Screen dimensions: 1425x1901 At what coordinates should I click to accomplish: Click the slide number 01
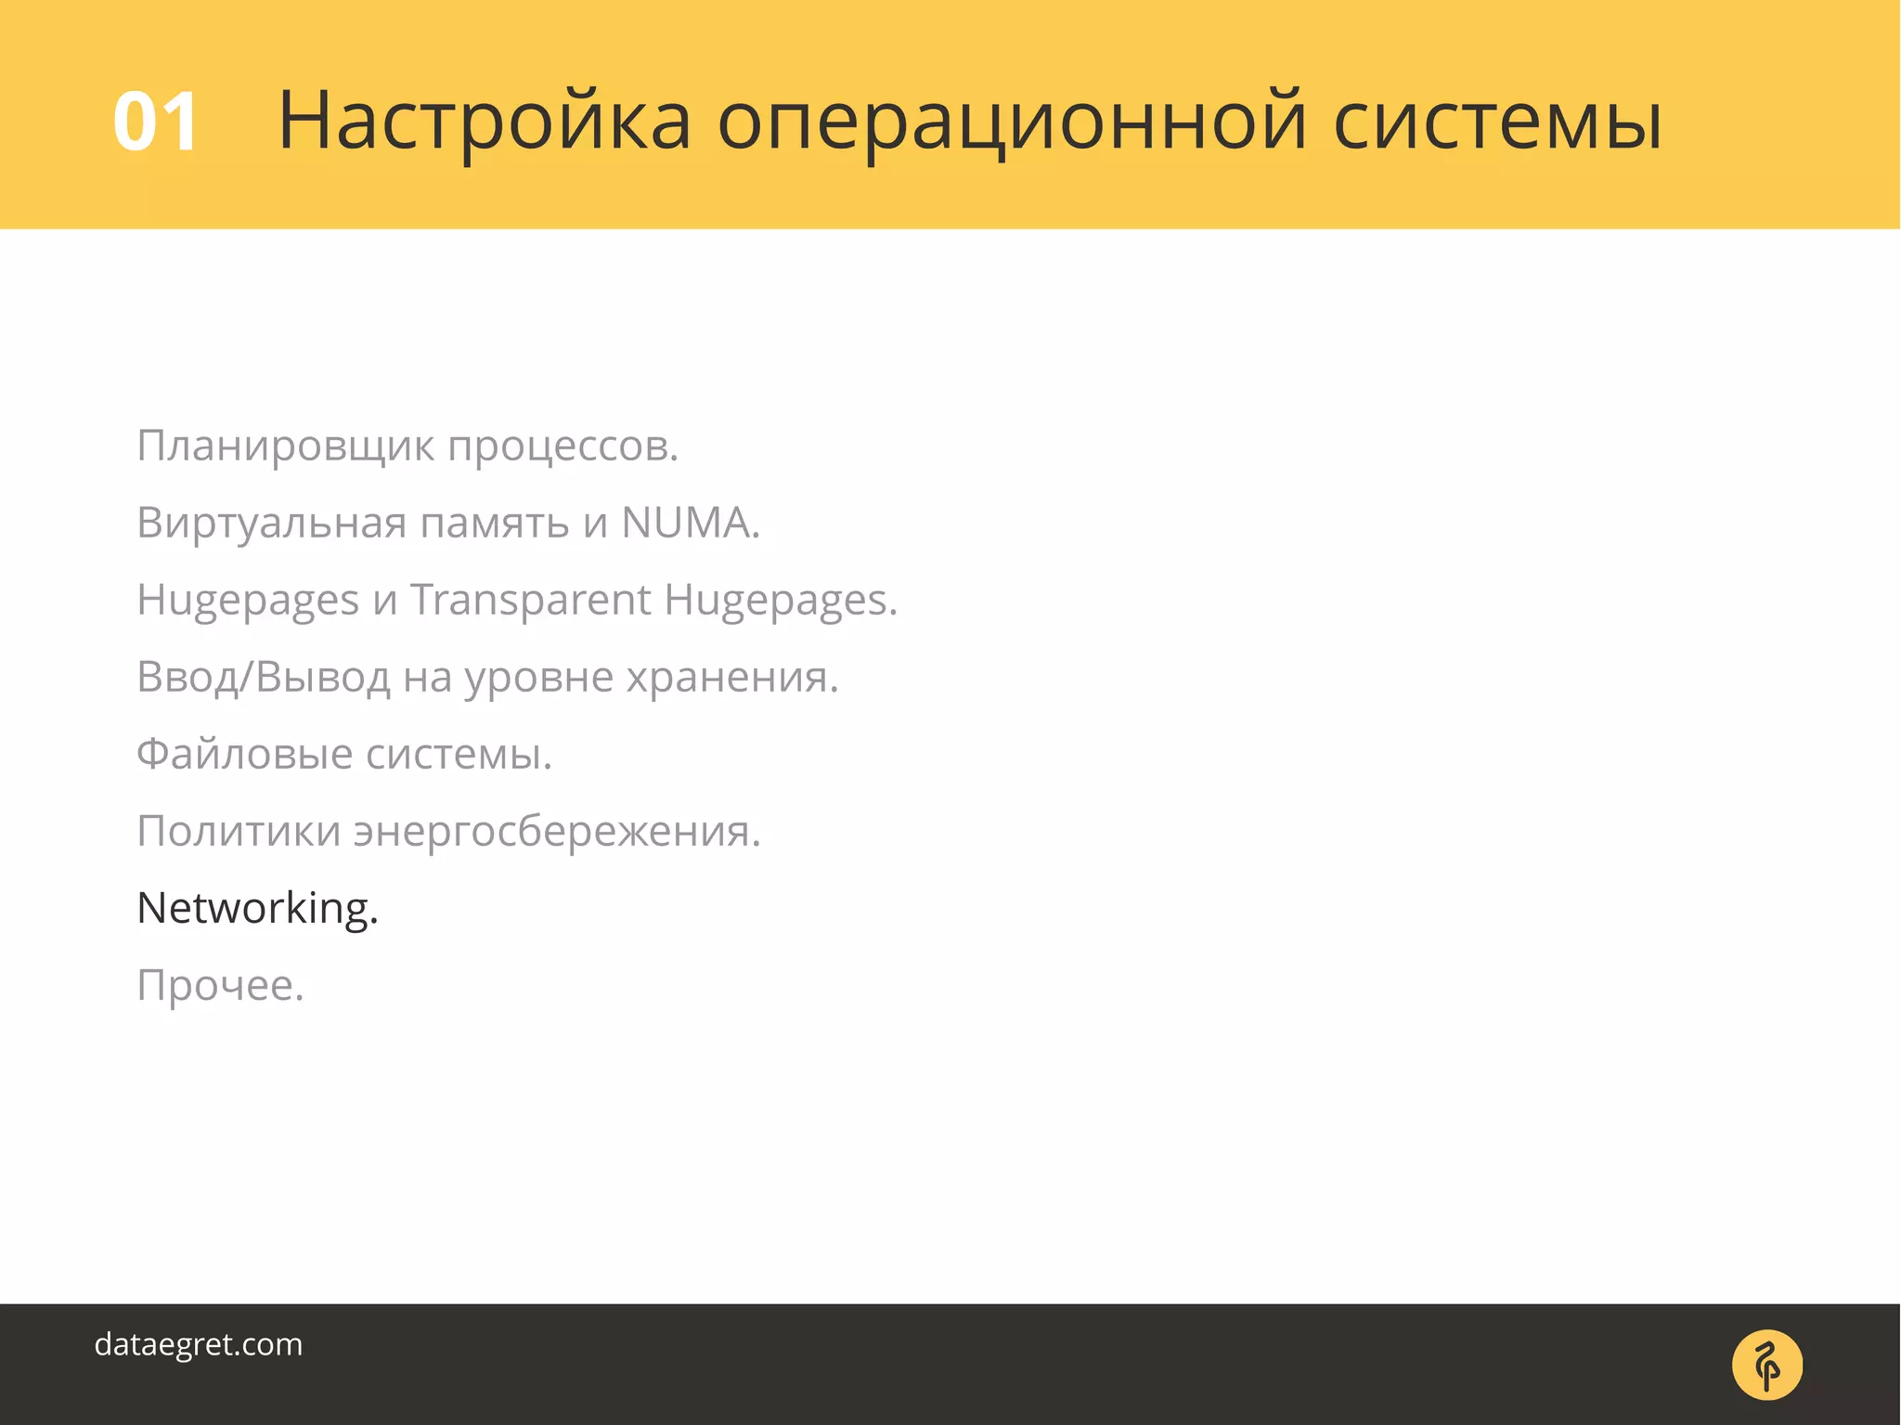(155, 122)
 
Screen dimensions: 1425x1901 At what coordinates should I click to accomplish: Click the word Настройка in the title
(484, 121)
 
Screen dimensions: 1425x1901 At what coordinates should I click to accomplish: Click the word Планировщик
(285, 447)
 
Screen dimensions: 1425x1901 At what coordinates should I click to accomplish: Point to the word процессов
(563, 447)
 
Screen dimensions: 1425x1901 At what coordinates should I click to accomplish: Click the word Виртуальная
(271, 524)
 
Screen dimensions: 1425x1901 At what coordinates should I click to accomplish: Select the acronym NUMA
(690, 523)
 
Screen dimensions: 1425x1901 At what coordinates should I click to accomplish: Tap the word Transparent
(530, 600)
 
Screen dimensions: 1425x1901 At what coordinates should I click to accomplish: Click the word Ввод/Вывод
(263, 678)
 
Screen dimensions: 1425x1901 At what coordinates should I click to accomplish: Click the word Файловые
(244, 754)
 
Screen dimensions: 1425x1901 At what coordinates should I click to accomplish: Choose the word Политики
(239, 831)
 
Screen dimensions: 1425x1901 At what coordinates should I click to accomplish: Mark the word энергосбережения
(556, 832)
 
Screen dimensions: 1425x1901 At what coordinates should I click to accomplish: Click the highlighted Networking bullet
(257, 909)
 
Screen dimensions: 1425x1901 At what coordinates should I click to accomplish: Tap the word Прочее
(220, 985)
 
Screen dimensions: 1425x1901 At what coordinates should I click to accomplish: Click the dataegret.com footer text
(199, 1344)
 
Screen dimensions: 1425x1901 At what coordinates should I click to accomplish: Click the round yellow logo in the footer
(1766, 1365)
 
